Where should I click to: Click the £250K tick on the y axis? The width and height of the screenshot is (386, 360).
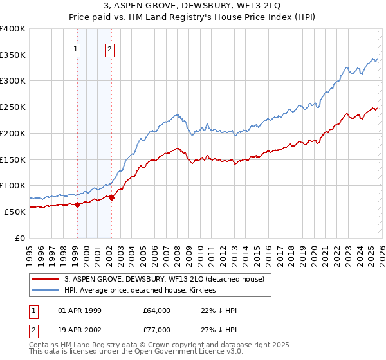coord(13,107)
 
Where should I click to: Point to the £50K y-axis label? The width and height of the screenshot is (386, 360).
coord(15,212)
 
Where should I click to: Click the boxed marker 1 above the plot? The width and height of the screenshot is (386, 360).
coord(76,50)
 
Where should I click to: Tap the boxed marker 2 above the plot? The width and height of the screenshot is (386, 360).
coord(110,50)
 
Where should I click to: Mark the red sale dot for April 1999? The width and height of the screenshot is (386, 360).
coord(77,204)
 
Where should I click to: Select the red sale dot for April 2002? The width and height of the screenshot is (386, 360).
coord(111,197)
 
